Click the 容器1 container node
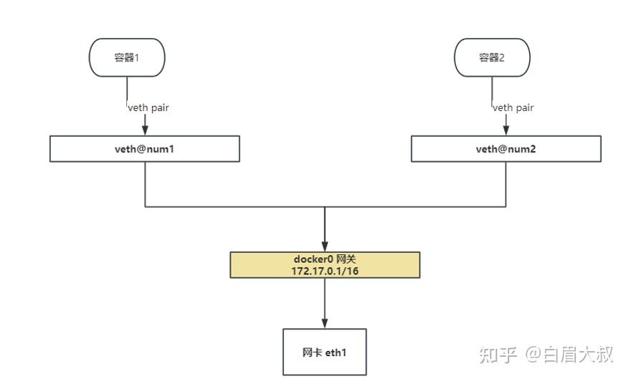[127, 57]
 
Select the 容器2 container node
[492, 57]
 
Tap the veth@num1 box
[144, 149]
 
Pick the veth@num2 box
[506, 149]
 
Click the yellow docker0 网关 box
[325, 264]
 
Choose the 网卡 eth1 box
[325, 352]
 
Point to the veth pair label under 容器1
[148, 107]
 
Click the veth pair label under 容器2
[513, 107]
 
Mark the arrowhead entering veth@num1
[145, 131]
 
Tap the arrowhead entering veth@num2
[506, 131]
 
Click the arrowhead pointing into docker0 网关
[325, 246]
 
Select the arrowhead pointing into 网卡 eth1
[325, 323]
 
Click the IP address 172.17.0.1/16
[325, 271]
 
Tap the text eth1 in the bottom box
[336, 352]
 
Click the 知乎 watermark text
[498, 354]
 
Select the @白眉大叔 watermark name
[569, 354]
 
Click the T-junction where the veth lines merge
[325, 207]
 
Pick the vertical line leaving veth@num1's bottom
[145, 184]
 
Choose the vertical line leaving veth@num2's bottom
[506, 184]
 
